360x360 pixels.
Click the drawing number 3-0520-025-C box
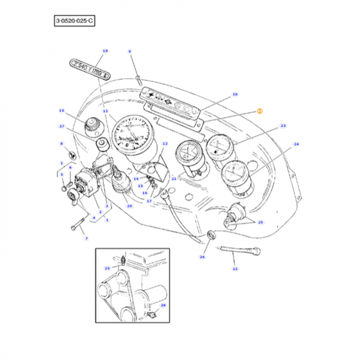74,22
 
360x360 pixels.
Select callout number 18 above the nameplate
105,51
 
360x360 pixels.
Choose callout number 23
283,126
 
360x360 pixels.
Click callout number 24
296,144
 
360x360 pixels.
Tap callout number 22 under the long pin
235,269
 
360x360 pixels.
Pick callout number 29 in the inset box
107,269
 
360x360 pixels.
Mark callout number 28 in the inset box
163,305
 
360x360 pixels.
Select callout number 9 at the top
130,51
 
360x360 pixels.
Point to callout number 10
234,95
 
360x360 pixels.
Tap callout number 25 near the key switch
261,222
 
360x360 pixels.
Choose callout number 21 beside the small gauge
174,178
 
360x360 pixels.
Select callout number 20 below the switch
129,205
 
